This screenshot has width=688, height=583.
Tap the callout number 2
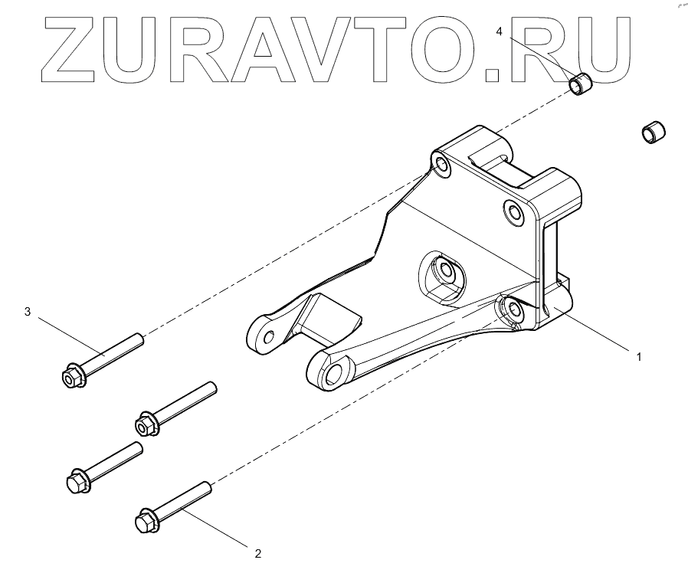(x=258, y=553)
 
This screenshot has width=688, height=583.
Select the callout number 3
(x=28, y=312)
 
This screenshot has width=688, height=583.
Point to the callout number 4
(x=500, y=31)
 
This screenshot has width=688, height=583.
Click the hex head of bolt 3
(x=70, y=375)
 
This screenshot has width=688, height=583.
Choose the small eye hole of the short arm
(x=268, y=337)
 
